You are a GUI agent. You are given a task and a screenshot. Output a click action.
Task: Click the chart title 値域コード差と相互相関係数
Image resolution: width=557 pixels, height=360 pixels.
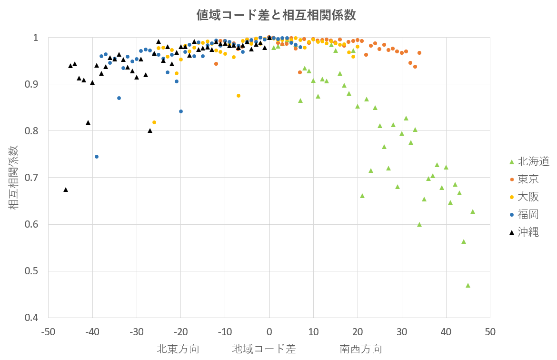click(x=276, y=15)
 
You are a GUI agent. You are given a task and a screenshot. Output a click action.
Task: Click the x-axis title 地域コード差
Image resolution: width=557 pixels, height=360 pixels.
click(x=264, y=349)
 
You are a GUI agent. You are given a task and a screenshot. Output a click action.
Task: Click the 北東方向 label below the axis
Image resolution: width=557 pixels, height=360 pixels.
click(x=178, y=349)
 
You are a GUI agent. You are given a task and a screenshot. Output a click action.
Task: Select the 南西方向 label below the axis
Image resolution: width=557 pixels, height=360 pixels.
click(x=361, y=349)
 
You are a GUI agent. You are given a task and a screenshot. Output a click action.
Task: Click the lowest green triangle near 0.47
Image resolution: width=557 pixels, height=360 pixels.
click(x=468, y=285)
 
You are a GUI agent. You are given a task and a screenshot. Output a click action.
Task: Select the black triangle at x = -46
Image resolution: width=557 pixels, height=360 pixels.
click(x=66, y=190)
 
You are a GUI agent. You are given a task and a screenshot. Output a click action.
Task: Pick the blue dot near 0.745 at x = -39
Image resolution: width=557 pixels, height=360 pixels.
click(x=97, y=157)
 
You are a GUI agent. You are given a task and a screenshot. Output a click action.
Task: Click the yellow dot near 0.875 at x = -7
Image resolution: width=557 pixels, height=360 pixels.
click(x=239, y=96)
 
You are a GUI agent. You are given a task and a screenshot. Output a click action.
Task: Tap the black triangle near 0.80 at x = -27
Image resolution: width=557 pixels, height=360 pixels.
click(x=150, y=130)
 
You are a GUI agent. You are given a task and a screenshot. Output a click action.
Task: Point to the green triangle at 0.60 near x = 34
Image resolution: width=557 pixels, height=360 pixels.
click(x=419, y=224)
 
